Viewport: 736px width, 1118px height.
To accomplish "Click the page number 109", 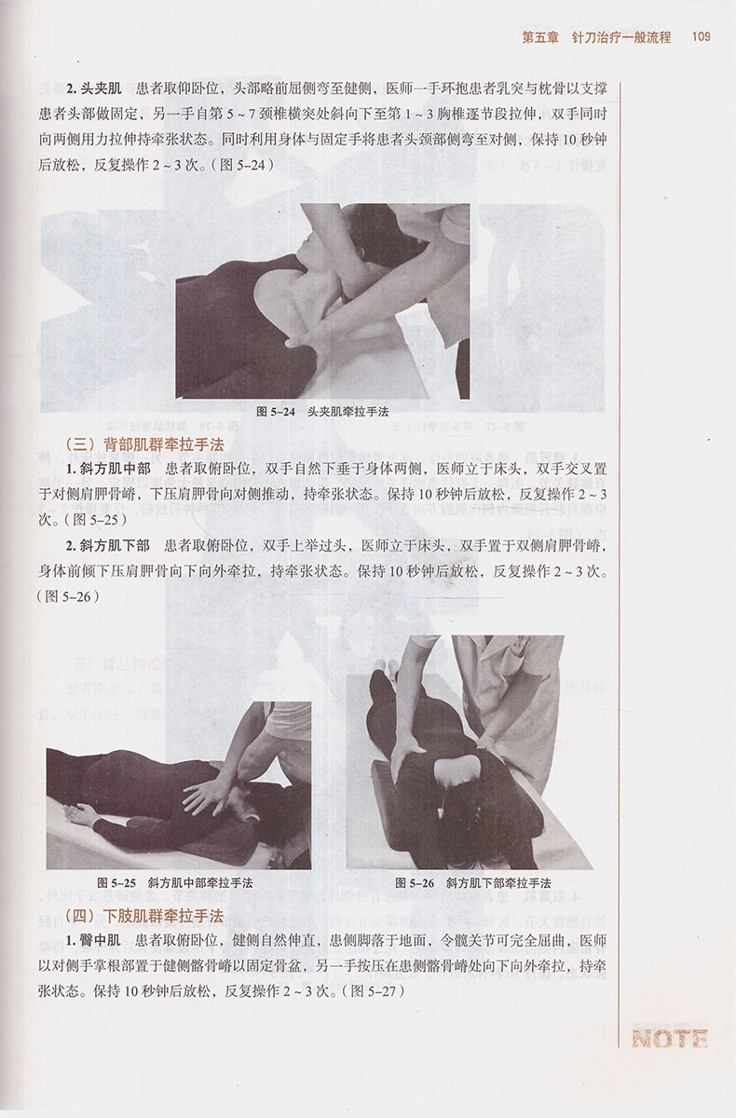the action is click(702, 37).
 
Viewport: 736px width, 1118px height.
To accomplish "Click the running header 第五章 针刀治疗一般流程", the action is click(596, 37).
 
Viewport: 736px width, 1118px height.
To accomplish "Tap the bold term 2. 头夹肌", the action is click(94, 89).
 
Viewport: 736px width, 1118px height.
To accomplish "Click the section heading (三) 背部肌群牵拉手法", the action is click(144, 444).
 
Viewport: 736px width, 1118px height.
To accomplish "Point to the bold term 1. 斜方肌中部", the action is click(108, 469).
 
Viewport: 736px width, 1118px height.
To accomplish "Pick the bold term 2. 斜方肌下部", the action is click(108, 546).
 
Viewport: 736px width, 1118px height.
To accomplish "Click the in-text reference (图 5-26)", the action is click(68, 596).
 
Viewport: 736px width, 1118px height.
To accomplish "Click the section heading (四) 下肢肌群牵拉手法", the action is click(144, 916).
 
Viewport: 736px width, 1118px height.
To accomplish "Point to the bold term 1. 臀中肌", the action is click(93, 941).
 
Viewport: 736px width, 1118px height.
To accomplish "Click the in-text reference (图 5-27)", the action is click(374, 991).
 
